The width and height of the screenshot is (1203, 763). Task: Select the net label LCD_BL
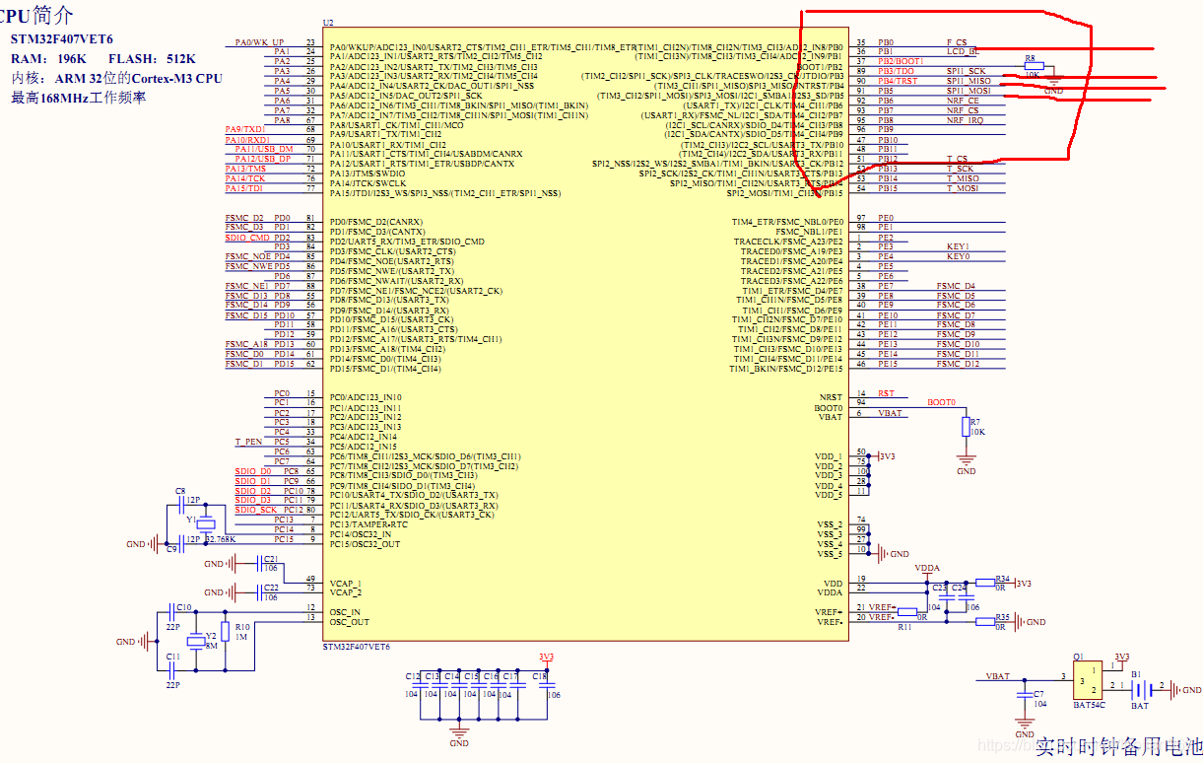coord(962,51)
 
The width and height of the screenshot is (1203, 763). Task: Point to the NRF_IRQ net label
coord(964,120)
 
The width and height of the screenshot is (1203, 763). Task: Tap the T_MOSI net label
coord(963,188)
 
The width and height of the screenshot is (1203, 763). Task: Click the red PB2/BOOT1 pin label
coord(902,61)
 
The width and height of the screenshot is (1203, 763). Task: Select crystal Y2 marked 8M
coord(197,642)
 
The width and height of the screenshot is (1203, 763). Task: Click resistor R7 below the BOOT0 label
coord(966,426)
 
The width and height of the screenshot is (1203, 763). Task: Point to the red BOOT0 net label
coord(941,402)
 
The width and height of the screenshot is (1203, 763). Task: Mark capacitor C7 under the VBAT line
coord(1025,700)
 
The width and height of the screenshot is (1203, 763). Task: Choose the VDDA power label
coord(927,569)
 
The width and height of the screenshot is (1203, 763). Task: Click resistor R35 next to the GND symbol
coord(1001,622)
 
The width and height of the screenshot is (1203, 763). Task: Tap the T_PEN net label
coord(248,442)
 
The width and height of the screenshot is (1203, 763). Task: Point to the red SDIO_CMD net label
coord(246,238)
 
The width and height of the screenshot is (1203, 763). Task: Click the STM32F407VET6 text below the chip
coord(357,646)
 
